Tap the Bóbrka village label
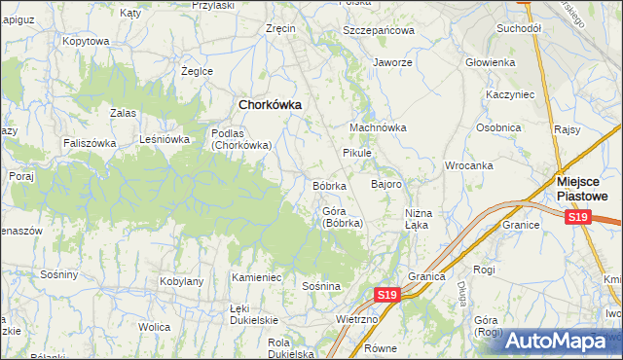point(329,185)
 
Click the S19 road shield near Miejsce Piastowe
point(578,217)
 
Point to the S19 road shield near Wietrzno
point(386,294)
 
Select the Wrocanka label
point(468,165)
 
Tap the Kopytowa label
point(85,41)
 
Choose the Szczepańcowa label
point(379,30)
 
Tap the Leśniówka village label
point(165,139)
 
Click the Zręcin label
point(280,29)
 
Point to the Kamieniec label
point(256,278)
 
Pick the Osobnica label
point(499,127)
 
